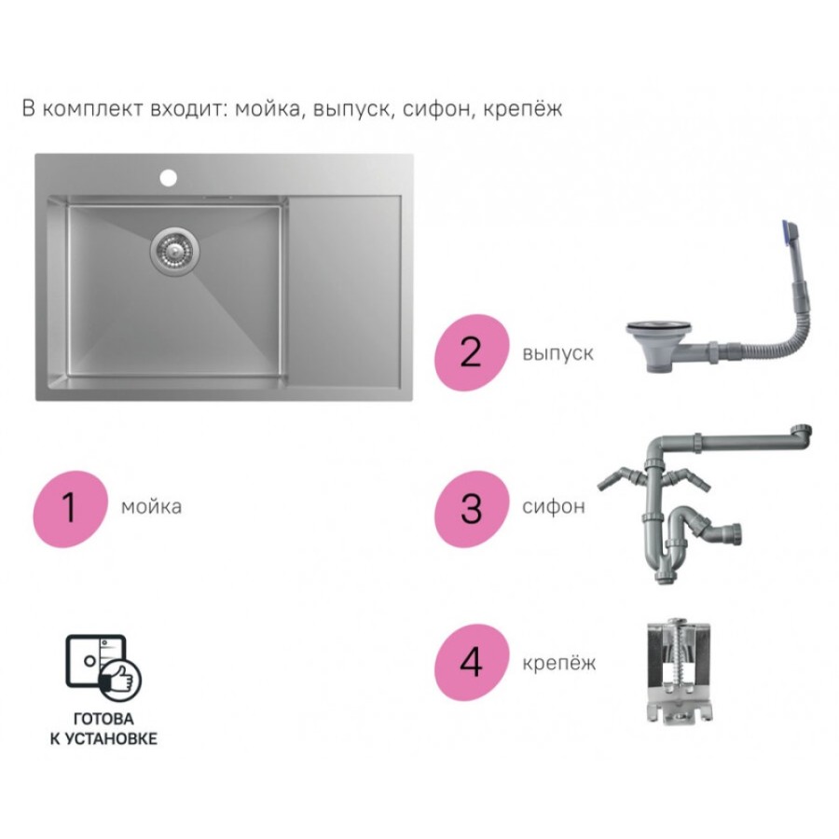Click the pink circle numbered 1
pos(70,508)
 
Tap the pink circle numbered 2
pos(472,352)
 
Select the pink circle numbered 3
pos(472,508)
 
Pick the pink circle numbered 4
pos(472,663)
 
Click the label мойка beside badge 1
pos(151,507)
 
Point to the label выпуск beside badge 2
pos(557,353)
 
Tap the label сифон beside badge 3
pos(553,506)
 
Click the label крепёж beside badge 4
pos(558,664)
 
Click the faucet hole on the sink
pos(168,178)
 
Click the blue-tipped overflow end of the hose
pos(791,232)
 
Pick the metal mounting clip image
pos(679,672)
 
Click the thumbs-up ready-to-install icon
pos(103,667)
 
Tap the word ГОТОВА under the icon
pos(103,719)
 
